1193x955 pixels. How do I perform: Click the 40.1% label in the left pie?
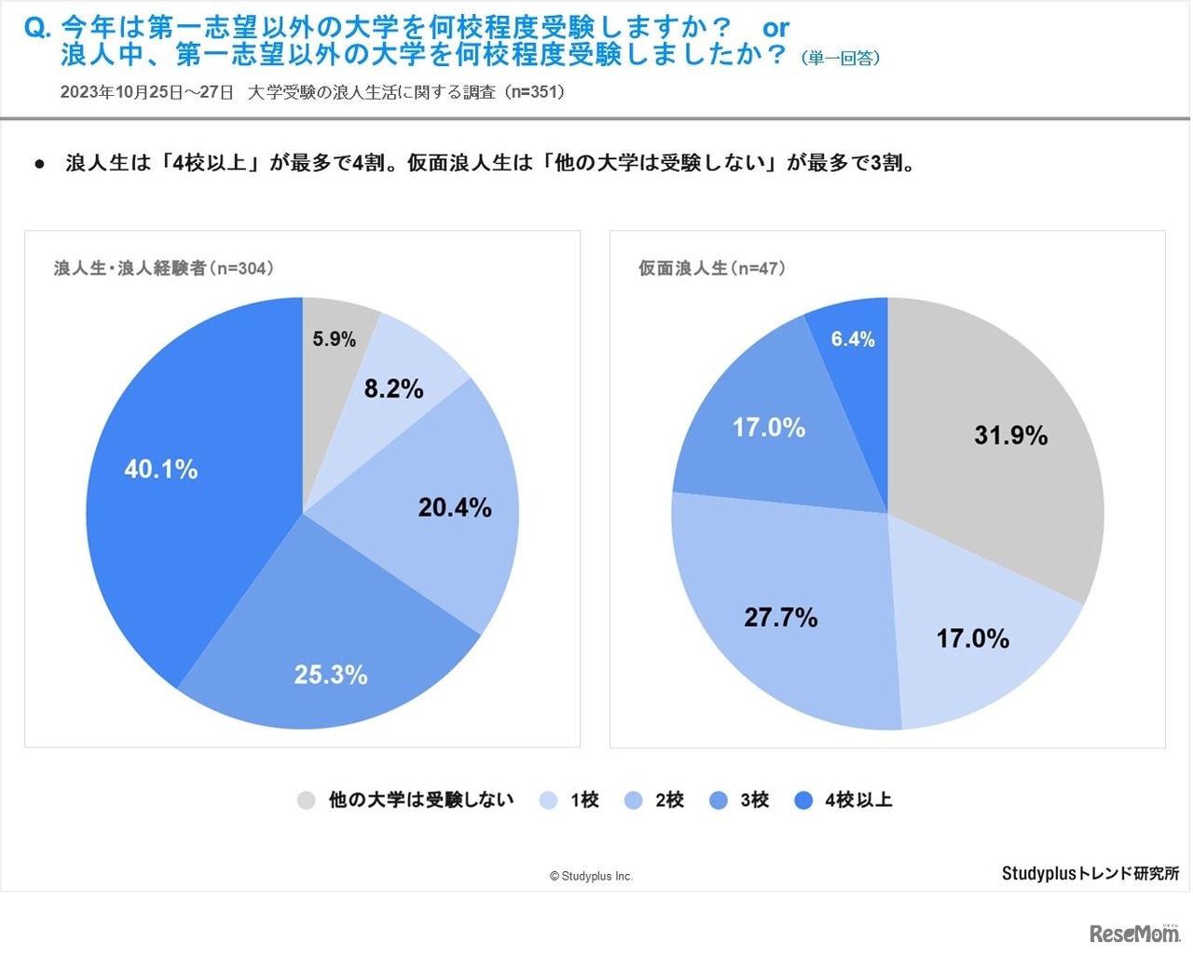[161, 469]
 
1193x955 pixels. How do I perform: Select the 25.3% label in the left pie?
[331, 675]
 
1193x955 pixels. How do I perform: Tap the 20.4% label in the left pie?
[455, 508]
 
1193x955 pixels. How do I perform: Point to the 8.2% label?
[393, 389]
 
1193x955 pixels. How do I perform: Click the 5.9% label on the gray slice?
[334, 339]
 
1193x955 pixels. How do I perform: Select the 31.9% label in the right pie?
[1011, 435]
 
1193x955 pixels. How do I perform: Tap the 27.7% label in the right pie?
[781, 617]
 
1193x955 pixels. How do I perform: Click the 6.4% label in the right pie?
[853, 339]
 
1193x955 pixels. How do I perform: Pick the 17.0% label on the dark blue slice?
[769, 428]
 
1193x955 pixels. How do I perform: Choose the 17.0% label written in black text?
[973, 638]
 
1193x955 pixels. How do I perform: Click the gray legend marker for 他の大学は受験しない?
[307, 800]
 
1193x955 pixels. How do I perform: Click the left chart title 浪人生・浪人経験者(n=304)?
[164, 268]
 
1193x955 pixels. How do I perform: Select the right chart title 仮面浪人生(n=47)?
[712, 268]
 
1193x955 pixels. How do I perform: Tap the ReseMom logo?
[1134, 932]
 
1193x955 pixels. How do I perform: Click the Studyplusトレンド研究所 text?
[1090, 873]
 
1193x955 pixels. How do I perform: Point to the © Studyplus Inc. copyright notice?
[591, 876]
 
